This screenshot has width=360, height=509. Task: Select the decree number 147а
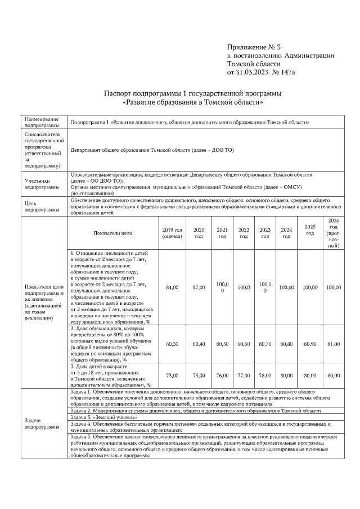click(286, 72)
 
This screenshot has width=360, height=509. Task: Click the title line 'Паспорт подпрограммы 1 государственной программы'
click(192, 93)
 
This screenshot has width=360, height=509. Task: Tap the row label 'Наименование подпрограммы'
click(41, 122)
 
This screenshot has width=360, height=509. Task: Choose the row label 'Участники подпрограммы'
click(41, 184)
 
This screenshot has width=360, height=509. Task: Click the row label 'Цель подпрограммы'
click(41, 206)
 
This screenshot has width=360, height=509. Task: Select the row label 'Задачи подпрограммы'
click(41, 423)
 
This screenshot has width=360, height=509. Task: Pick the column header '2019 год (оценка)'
click(172, 233)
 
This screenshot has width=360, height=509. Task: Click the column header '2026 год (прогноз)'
click(334, 233)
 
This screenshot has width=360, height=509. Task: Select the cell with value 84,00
click(172, 287)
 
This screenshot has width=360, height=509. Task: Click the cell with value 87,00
click(199, 287)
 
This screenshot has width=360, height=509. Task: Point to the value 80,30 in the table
click(172, 343)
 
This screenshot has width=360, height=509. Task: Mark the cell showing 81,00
click(334, 343)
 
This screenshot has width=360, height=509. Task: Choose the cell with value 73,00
click(172, 375)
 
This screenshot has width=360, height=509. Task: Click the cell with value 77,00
click(244, 375)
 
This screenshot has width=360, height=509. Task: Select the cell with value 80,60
click(244, 343)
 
